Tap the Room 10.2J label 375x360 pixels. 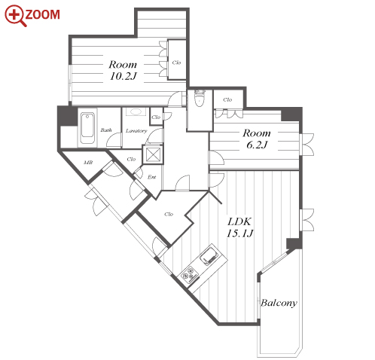(x=123, y=70)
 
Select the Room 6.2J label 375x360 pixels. (x=257, y=139)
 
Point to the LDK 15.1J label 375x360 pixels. (x=239, y=227)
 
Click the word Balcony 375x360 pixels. (x=279, y=303)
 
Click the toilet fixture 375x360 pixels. (x=200, y=98)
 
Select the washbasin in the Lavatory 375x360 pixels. (x=136, y=112)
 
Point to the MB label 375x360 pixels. (x=88, y=163)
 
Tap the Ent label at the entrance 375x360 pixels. (x=152, y=177)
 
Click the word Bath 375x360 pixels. (x=106, y=130)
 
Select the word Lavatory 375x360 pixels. (x=136, y=131)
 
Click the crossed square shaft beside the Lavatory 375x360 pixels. (x=153, y=154)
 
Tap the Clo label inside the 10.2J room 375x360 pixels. (x=176, y=63)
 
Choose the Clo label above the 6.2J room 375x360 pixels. (x=227, y=99)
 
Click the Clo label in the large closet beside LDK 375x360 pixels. (x=169, y=214)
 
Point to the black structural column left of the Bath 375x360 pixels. (x=67, y=115)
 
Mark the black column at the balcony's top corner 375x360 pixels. (x=294, y=243)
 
